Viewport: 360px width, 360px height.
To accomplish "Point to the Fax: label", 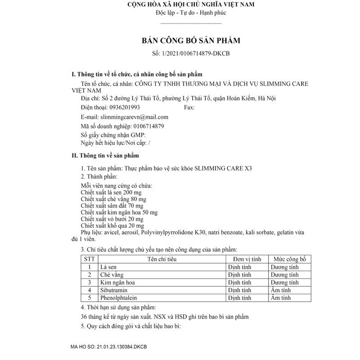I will (x=189, y=108).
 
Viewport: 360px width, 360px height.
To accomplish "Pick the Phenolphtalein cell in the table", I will (x=118, y=298).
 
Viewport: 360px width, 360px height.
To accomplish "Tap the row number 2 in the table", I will (x=90, y=274).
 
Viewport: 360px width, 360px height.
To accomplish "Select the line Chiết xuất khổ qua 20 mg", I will (x=112, y=225).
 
